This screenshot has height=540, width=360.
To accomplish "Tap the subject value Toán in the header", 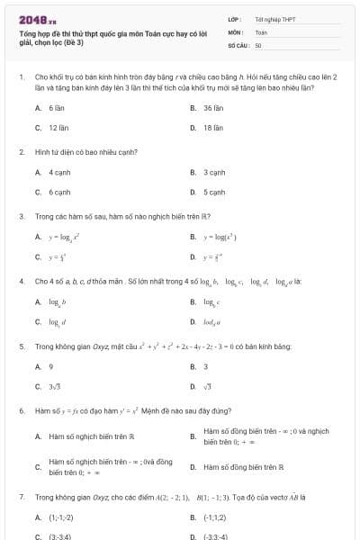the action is click(x=261, y=31).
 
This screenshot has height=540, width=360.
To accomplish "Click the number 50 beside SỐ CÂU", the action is click(x=258, y=44).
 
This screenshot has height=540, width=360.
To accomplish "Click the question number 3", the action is click(x=21, y=216).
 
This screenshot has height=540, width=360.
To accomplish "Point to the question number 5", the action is click(x=21, y=346).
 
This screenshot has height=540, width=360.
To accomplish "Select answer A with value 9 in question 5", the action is click(x=50, y=366).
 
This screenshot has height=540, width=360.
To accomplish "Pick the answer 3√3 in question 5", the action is click(x=56, y=387).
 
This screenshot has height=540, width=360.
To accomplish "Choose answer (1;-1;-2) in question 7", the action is click(x=61, y=517).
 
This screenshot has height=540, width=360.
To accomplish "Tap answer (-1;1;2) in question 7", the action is click(x=214, y=517).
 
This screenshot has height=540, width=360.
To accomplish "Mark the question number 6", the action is click(x=21, y=410).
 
